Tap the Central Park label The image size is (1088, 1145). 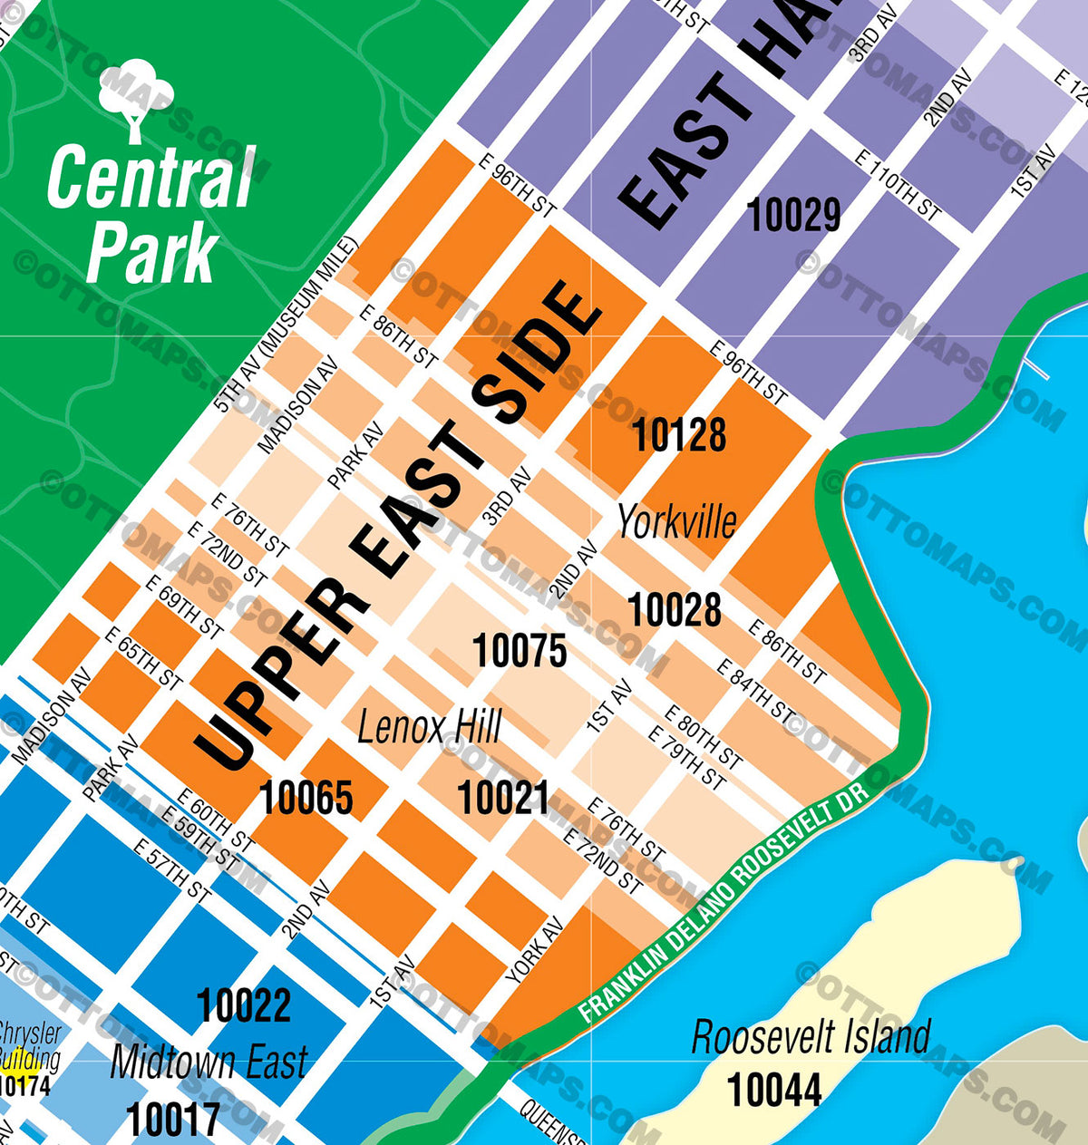[x=151, y=215]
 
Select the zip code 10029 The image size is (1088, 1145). [x=793, y=216]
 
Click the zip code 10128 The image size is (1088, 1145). [x=678, y=435]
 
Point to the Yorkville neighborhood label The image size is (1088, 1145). [x=676, y=521]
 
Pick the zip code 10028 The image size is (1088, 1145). [x=675, y=609]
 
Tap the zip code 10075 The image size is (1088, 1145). [x=520, y=651]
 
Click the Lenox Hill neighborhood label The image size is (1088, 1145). [x=429, y=727]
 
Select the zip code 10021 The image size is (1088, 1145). [x=503, y=799]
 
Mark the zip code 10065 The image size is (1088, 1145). [x=306, y=798]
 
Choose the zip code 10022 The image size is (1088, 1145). [x=244, y=1005]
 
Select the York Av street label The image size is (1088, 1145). [x=535, y=951]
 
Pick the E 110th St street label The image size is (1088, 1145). [x=898, y=186]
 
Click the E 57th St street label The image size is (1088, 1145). [x=172, y=870]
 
